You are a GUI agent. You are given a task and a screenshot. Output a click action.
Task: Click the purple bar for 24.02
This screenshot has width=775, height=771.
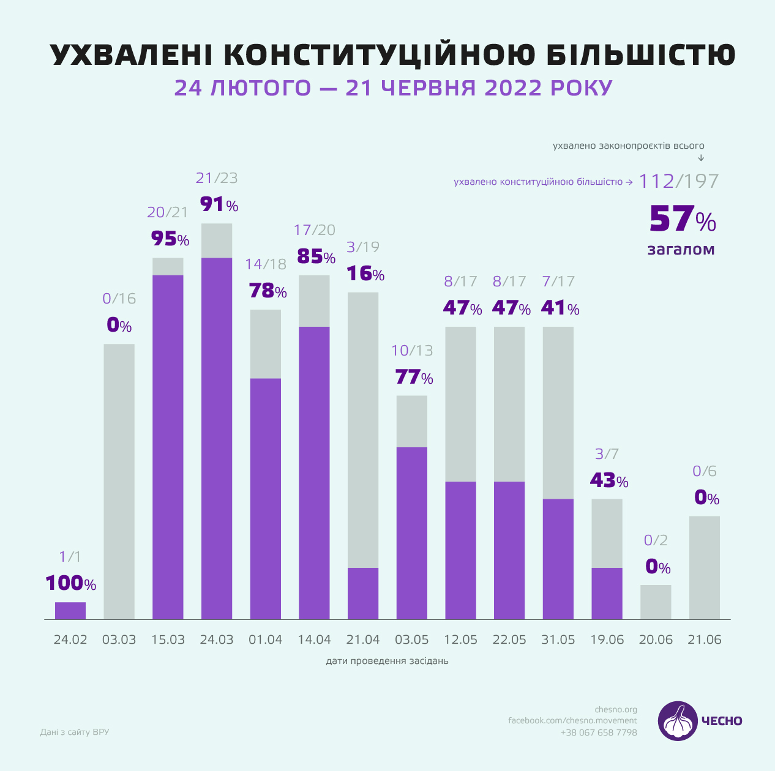(70, 610)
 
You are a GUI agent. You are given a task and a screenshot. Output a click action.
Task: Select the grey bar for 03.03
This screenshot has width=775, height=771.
(119, 482)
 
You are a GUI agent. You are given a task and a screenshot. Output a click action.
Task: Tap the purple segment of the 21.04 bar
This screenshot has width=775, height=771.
(363, 593)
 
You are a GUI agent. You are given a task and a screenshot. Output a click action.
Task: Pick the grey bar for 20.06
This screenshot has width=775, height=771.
(656, 602)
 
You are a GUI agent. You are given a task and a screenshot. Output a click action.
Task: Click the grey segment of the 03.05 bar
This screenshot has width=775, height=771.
(411, 421)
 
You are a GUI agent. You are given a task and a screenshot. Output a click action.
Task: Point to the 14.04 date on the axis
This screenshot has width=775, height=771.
(314, 639)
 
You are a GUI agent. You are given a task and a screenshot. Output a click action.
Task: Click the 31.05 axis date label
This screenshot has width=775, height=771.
(558, 639)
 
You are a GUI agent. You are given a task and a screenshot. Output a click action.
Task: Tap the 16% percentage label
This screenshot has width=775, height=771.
(365, 273)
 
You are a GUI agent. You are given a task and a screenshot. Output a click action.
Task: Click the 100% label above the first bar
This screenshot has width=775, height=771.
(71, 583)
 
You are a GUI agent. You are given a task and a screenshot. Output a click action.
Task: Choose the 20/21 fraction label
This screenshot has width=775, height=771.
(168, 212)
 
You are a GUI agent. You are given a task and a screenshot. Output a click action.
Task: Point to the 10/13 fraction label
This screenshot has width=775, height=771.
(412, 351)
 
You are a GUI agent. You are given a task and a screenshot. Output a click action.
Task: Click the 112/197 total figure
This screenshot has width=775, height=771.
(678, 181)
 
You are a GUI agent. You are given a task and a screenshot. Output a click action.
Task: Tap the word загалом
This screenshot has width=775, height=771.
(681, 250)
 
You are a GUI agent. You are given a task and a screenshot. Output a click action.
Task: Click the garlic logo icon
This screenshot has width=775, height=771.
(678, 721)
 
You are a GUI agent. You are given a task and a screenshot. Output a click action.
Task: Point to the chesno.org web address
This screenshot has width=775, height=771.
(616, 710)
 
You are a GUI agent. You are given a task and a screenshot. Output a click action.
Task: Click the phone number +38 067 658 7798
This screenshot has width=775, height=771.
(599, 732)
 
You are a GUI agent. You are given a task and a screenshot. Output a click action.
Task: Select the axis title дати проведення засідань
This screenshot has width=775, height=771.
(387, 661)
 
